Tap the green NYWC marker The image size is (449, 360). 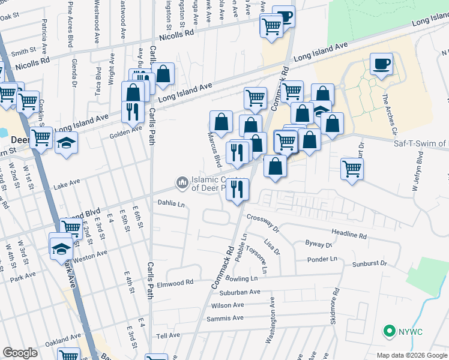pos(389,331)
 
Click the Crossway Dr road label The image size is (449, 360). pos(263,223)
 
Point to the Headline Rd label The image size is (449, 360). pos(348,233)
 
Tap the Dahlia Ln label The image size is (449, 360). pos(171,204)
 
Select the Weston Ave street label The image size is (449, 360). pos(91,254)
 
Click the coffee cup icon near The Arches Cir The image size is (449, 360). pos(381,64)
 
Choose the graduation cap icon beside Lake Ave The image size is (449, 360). pos(66,143)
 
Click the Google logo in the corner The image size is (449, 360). pos(20,353)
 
